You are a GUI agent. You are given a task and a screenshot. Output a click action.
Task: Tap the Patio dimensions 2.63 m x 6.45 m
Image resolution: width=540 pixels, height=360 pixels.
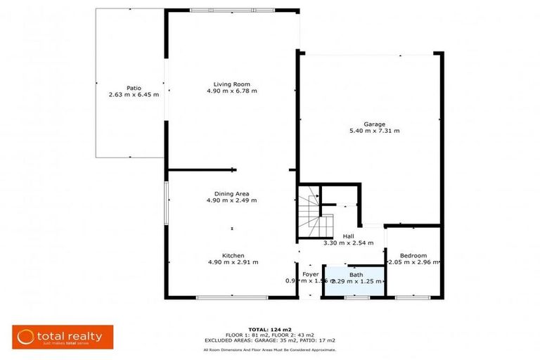[134, 94]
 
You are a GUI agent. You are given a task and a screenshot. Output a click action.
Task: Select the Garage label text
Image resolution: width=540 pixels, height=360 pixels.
[374, 124]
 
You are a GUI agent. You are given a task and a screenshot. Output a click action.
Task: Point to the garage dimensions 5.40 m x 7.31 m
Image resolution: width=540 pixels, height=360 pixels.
[374, 131]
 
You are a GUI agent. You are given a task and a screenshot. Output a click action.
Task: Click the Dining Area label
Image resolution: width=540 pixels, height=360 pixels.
[231, 193]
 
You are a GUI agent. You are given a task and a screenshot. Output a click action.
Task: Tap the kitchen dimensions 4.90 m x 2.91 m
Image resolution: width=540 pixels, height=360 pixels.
[233, 262]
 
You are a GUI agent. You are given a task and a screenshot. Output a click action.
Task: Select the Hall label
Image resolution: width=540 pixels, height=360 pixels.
[348, 236]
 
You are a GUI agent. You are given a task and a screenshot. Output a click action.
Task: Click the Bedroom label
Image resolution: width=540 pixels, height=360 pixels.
[413, 255]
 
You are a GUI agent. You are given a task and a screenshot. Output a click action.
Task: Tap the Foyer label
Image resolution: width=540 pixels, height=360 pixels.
[311, 274]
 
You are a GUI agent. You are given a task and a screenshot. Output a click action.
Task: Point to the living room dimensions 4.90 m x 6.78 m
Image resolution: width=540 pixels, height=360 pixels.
[231, 91]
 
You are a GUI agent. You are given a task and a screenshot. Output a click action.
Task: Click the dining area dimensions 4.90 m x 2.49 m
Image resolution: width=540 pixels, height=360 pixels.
[231, 200]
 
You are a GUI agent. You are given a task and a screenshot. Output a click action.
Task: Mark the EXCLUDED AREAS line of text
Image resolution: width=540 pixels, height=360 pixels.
[270, 340]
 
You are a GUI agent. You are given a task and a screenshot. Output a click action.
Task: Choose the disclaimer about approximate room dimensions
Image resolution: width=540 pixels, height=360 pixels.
[270, 349]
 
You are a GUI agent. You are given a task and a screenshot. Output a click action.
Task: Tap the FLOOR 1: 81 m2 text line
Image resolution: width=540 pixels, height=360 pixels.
[270, 335]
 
